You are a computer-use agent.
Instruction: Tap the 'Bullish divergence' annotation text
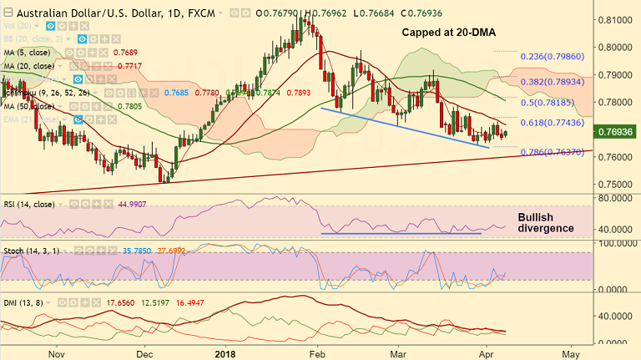[x=546, y=221]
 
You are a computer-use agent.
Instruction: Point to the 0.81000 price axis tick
[x=615, y=19]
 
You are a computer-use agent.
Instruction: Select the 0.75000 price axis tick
[x=615, y=184]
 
